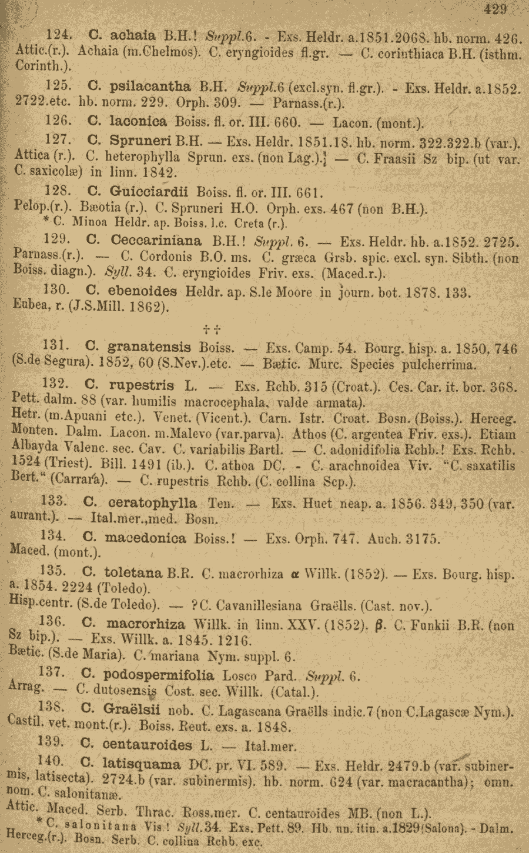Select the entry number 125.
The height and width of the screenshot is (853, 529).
click(58, 86)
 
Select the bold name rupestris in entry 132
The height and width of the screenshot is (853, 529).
click(142, 386)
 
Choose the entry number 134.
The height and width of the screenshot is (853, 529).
click(53, 537)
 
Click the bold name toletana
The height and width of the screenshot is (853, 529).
click(133, 572)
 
